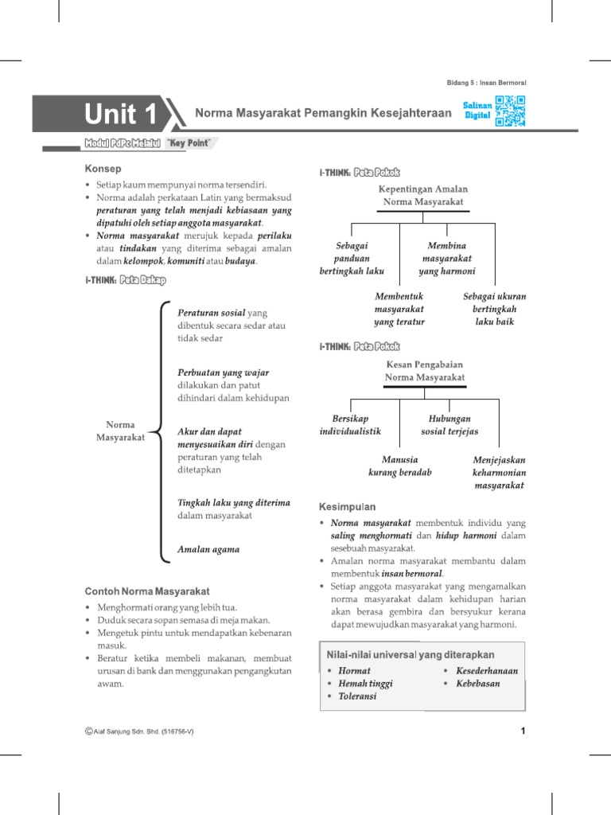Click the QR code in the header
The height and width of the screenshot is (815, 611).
coord(510,111)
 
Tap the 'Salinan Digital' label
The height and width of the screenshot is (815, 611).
coord(477,110)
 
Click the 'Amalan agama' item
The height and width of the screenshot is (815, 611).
coord(208,549)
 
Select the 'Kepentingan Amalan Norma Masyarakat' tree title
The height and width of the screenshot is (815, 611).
coord(422,196)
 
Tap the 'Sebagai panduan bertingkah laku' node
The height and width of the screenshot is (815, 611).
coord(352,259)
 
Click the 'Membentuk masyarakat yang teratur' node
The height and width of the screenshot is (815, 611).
coord(399,309)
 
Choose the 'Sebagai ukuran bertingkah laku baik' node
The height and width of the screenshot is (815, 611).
coord(494,309)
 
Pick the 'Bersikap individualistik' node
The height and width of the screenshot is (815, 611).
coord(350,425)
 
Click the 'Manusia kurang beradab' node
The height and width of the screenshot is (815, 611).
coord(399,466)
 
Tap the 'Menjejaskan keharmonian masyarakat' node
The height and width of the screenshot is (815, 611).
coord(499,473)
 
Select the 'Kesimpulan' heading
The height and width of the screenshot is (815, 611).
coord(348,507)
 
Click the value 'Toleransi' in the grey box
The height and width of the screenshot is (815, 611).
coord(357,696)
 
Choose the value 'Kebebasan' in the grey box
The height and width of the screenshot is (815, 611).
coord(478,684)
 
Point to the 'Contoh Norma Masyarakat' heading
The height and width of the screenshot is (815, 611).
coord(147,591)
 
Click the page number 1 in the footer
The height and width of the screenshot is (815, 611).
coord(523,731)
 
